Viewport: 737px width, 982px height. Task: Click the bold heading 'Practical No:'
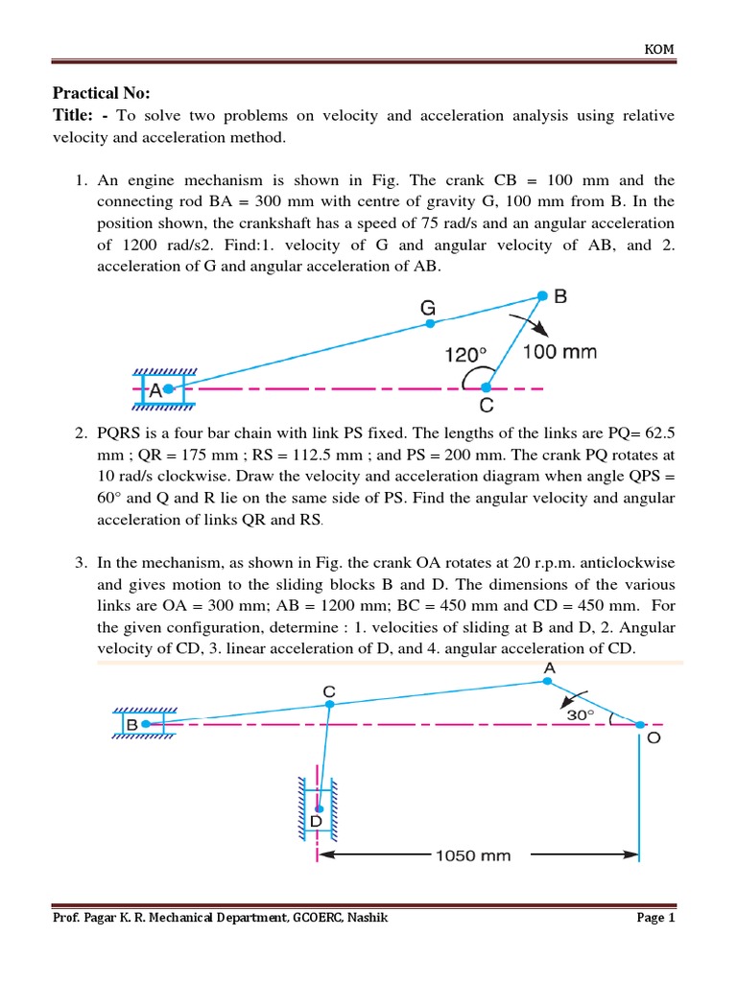[101, 93]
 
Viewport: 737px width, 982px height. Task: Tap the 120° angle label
[467, 354]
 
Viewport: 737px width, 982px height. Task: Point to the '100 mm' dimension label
[559, 352]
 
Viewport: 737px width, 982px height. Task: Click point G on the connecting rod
[430, 324]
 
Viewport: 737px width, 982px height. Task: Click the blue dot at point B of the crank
[542, 295]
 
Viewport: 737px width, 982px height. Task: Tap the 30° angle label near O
[580, 714]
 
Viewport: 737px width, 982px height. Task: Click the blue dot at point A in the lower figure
[546, 681]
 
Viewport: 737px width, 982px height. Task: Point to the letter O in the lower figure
[654, 739]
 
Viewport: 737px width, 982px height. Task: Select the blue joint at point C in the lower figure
[329, 704]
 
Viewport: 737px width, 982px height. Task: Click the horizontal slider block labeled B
[143, 724]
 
